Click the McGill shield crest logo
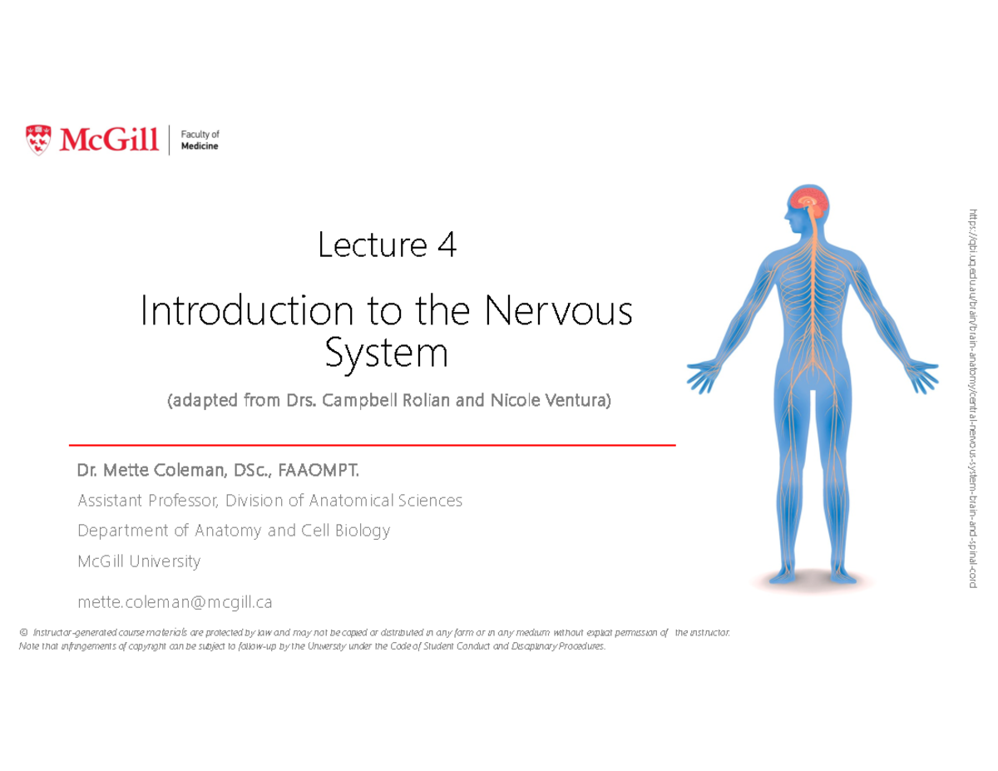coord(38,139)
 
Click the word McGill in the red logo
coord(109,140)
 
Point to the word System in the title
coord(386,353)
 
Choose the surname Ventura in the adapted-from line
coord(577,401)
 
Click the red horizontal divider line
coord(372,446)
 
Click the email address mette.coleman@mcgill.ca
coord(175,600)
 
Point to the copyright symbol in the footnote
coord(22,633)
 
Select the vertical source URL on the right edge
coord(971,399)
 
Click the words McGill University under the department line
coord(139,561)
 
